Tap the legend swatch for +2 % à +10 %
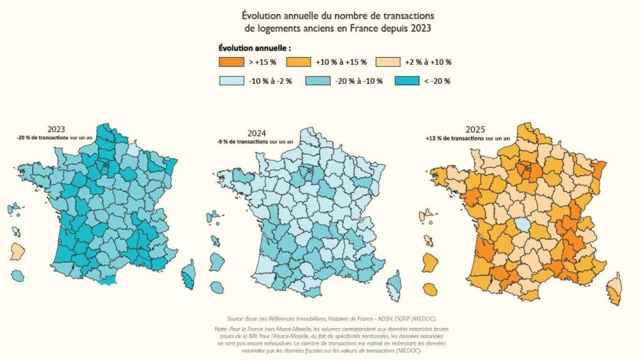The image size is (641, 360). pyautogui.click(x=388, y=62)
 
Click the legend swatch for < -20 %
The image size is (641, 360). pyautogui.click(x=406, y=81)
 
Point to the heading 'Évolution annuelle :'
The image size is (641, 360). pyautogui.click(x=254, y=48)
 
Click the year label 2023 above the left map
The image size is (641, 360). pyautogui.click(x=56, y=129)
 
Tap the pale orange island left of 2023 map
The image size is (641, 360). pyautogui.click(x=17, y=250)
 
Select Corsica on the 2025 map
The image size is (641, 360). pyautogui.click(x=614, y=286)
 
